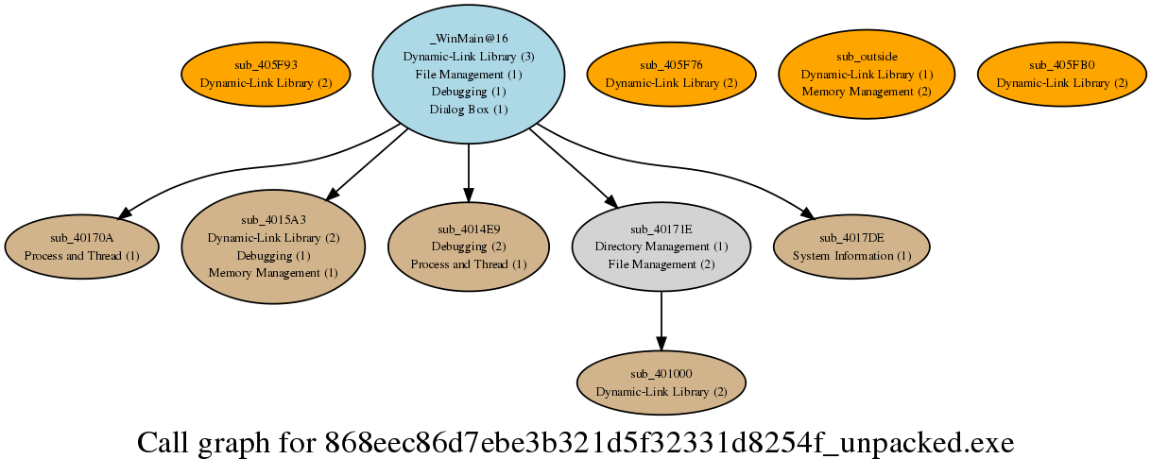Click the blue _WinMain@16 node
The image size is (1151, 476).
point(468,74)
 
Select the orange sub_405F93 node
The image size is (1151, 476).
point(266,74)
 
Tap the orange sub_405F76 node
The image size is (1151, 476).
point(671,74)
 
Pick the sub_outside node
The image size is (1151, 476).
point(867,74)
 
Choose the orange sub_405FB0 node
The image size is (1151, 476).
point(1061,74)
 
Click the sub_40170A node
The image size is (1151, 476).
point(81,246)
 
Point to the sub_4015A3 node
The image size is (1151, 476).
point(273,246)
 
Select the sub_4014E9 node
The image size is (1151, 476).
point(468,246)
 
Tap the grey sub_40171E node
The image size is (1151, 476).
point(661,246)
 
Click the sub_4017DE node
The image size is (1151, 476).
point(851,246)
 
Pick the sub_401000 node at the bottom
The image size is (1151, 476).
point(661,382)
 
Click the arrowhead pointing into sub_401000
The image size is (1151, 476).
point(661,344)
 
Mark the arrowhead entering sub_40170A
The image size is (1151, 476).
point(125,213)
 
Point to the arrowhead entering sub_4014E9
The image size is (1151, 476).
point(468,195)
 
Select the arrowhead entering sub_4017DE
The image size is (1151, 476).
point(808,213)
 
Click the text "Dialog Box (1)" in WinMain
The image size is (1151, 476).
point(468,110)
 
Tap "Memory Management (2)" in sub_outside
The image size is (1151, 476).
point(867,92)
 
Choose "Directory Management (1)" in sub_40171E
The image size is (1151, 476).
point(661,246)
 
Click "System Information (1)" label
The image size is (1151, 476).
point(851,256)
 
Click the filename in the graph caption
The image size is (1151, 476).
point(669,443)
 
